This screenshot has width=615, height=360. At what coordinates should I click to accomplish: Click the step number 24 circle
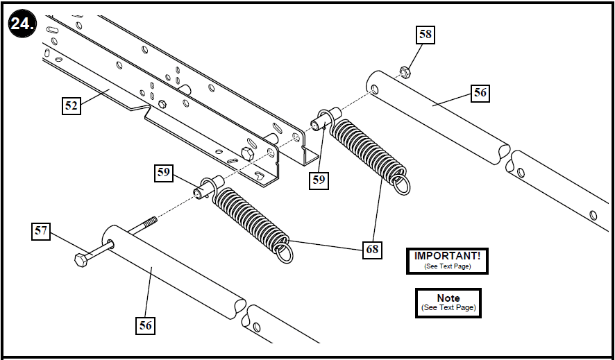(x=22, y=25)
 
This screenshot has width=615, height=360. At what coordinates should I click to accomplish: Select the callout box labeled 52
(x=71, y=105)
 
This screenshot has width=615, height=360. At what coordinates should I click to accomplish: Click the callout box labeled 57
(x=42, y=231)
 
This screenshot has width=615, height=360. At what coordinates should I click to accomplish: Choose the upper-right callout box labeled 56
(x=480, y=93)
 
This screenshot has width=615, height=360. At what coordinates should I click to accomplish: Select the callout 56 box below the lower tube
(x=145, y=324)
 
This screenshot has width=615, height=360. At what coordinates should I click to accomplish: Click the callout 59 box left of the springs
(x=164, y=173)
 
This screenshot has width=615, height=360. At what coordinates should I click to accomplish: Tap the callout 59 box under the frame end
(x=319, y=180)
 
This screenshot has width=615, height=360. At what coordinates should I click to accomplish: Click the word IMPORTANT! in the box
(x=447, y=256)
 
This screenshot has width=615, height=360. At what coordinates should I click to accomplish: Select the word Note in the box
(x=448, y=298)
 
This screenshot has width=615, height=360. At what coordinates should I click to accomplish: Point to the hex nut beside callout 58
(x=403, y=70)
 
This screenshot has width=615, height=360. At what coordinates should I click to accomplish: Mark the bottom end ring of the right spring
(x=402, y=185)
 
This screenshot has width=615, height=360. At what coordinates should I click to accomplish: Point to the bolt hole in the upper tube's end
(x=374, y=88)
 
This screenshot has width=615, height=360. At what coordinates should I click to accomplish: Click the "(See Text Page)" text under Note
(x=448, y=307)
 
